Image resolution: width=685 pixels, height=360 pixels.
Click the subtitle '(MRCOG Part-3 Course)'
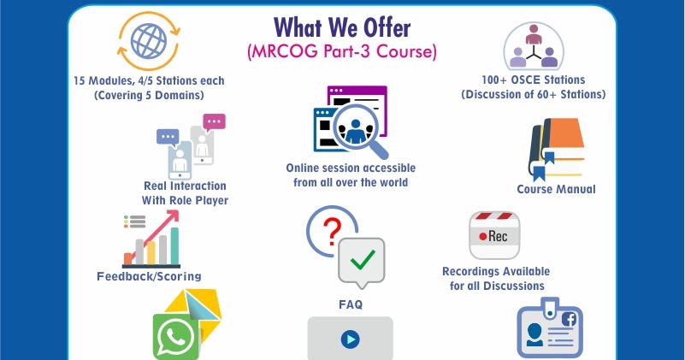coord(342,51)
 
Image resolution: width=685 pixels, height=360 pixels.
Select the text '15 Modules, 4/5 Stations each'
coord(148,80)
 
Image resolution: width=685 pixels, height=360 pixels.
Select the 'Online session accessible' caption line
coord(347,168)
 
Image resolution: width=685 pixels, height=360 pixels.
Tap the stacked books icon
coord(556,146)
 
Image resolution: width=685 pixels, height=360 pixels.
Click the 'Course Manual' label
coord(556,189)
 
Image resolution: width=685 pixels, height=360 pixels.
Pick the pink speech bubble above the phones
coord(214,121)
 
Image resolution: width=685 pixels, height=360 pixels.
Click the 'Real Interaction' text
coord(185,186)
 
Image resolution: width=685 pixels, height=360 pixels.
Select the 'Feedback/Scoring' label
coord(149,276)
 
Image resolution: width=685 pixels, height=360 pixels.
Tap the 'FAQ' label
coord(351,304)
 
